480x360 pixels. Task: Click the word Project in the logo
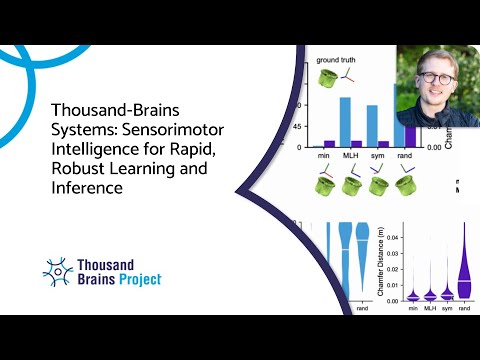click(x=136, y=279)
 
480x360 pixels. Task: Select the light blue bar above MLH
click(x=345, y=120)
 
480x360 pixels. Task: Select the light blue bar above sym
click(x=371, y=125)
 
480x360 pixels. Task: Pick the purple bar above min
click(x=329, y=144)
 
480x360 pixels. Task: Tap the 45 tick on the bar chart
click(x=296, y=126)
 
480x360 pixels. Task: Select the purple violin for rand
click(x=463, y=270)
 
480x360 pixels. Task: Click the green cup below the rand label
click(x=408, y=186)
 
